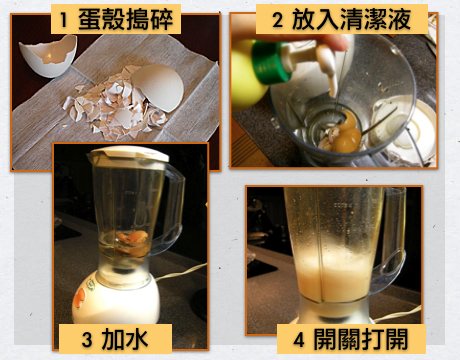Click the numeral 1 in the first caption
[63, 20]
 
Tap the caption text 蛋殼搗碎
[126, 19]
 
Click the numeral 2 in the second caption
[277, 20]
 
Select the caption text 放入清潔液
[351, 19]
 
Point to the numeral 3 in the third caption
[87, 340]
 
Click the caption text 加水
[125, 339]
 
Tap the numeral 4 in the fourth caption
[299, 340]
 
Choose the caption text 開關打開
[361, 340]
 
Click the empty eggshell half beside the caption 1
[48, 56]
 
